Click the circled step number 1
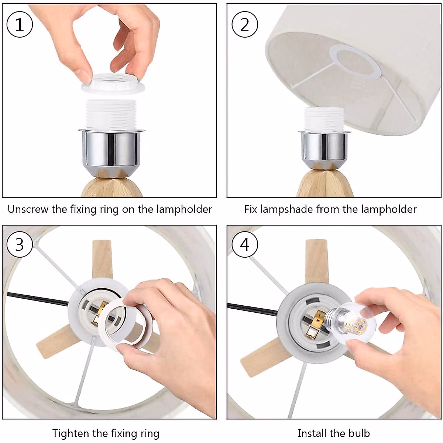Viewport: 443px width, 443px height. [20, 24]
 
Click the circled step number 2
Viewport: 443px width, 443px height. [245, 24]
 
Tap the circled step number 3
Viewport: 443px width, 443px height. [20, 244]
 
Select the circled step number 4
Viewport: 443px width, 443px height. [245, 244]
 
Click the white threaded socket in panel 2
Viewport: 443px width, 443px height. [324, 120]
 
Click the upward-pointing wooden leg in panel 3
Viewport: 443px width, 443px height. [102, 260]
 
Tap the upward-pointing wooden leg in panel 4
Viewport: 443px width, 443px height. [317, 262]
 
